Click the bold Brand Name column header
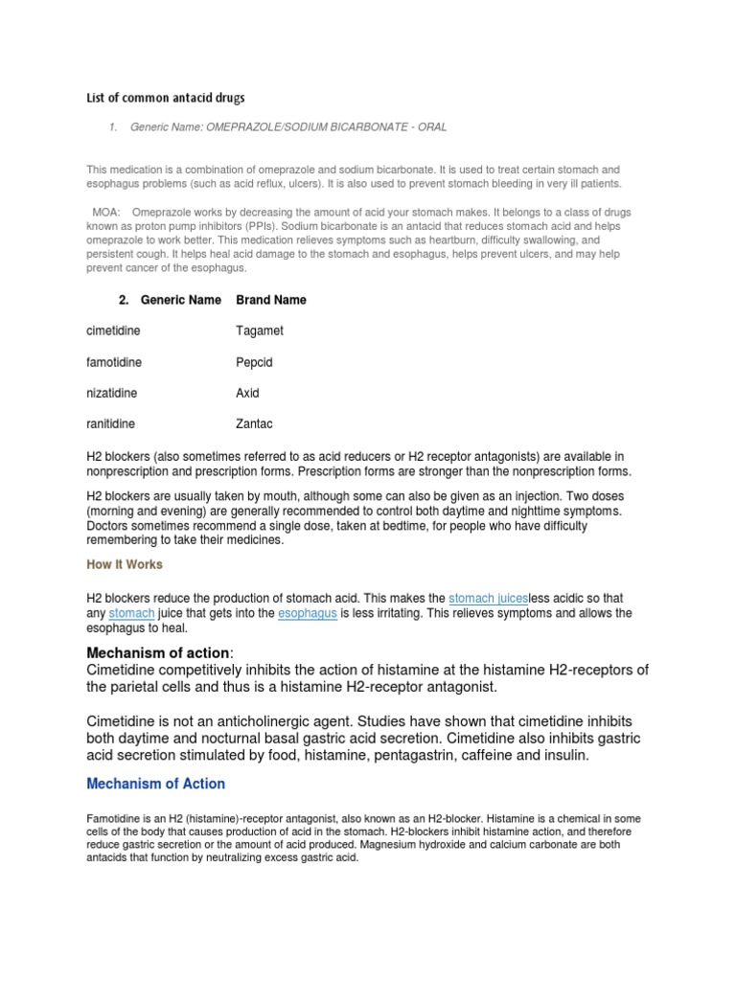click(271, 300)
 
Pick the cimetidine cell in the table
click(113, 331)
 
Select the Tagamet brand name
click(260, 331)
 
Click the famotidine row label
click(114, 362)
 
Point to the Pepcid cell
click(255, 362)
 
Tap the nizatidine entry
click(112, 393)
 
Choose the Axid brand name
click(247, 393)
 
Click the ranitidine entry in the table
click(111, 423)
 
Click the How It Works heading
click(125, 564)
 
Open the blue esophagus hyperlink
click(308, 613)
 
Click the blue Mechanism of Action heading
click(155, 784)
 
